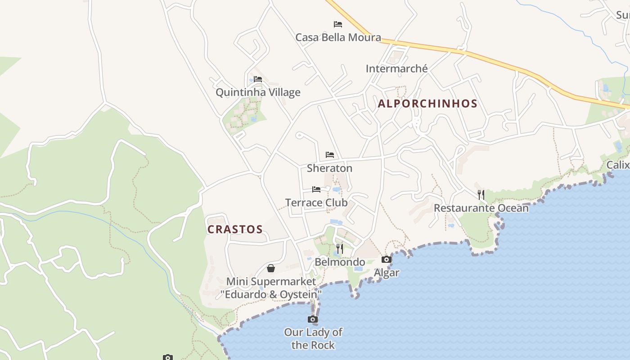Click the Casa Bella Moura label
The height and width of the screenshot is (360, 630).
(338, 37)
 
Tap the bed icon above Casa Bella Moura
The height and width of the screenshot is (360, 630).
(338, 24)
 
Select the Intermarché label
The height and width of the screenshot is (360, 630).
(396, 69)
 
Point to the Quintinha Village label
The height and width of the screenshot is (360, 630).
(258, 92)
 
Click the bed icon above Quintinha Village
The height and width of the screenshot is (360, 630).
(258, 79)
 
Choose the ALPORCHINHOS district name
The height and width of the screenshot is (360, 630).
(427, 103)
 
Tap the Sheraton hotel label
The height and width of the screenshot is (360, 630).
(329, 168)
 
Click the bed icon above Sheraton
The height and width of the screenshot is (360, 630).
(330, 155)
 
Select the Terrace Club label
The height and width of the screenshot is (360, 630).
(316, 202)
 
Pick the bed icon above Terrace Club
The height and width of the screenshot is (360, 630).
(316, 189)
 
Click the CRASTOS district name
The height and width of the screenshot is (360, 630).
(235, 229)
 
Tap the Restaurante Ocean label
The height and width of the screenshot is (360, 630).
(481, 208)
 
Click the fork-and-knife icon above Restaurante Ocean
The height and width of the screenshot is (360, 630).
(481, 194)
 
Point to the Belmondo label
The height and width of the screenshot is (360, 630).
(340, 262)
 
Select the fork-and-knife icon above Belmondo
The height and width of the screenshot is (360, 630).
(340, 248)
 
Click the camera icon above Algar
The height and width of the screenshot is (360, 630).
(387, 259)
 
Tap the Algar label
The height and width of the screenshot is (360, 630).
(387, 273)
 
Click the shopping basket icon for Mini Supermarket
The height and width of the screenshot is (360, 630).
(271, 269)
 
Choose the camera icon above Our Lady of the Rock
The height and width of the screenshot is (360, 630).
(313, 319)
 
